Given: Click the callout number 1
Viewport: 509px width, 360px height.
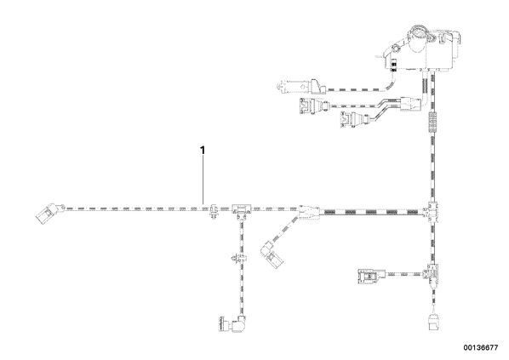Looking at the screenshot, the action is point(203,151).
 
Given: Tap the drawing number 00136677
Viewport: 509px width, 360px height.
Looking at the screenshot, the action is point(480,348).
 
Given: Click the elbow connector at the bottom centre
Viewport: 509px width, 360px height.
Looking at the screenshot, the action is point(232,323).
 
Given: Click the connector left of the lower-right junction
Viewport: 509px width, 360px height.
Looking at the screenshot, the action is point(371,277).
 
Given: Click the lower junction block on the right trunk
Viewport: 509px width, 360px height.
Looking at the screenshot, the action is point(432,273).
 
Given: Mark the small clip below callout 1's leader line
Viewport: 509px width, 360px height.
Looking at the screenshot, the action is point(214,211).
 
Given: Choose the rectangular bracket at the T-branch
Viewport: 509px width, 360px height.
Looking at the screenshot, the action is point(242,210).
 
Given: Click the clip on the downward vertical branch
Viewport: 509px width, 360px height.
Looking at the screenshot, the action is point(238,259).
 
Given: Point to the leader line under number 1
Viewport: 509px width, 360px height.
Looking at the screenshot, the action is point(203,180).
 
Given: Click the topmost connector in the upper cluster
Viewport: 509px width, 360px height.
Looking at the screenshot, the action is point(301,86).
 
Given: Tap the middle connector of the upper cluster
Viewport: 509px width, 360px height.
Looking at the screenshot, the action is point(314,106).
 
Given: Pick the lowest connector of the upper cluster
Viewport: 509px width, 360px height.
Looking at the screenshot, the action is point(354,119).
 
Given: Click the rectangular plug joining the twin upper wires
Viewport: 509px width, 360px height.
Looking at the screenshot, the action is point(410,104).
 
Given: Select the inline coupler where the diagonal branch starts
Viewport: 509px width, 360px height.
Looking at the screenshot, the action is point(308,212).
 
